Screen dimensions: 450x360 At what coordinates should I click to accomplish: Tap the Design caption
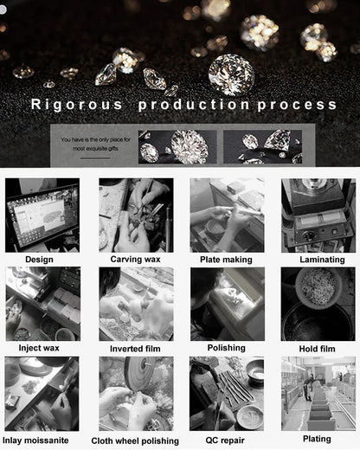click(x=39, y=260)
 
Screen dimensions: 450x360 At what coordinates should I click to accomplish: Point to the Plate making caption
click(x=227, y=260)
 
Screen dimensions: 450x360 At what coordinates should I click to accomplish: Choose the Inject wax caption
click(x=40, y=348)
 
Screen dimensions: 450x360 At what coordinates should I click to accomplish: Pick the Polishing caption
click(x=227, y=348)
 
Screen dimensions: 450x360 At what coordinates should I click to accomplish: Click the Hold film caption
click(x=317, y=348)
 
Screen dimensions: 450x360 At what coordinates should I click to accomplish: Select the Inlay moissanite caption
click(x=42, y=440)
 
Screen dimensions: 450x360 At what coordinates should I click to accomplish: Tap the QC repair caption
click(x=227, y=440)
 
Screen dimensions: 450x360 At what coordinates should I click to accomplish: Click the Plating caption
click(x=317, y=440)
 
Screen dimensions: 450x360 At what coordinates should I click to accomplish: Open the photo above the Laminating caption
click(x=318, y=215)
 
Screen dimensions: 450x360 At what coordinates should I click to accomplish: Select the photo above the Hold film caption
click(x=318, y=304)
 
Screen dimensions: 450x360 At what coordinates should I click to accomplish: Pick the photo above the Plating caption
click(x=318, y=394)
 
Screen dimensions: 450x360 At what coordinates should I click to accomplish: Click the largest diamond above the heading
click(x=231, y=74)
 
